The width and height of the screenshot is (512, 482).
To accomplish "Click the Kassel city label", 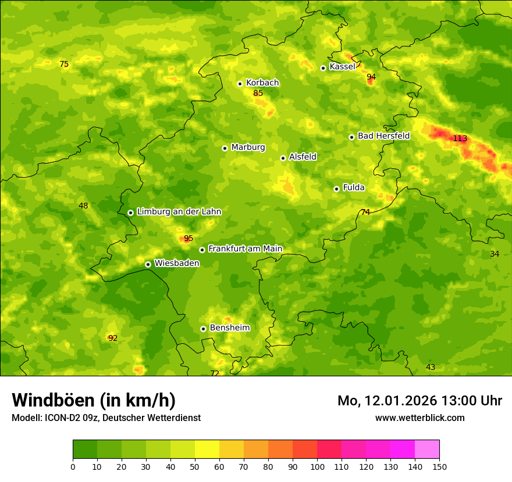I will click(x=342, y=67).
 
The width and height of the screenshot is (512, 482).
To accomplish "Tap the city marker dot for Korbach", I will click(x=240, y=84).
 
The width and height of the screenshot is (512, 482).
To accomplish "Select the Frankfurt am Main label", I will click(x=245, y=249).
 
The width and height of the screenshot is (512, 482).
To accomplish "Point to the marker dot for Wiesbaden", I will click(x=148, y=264).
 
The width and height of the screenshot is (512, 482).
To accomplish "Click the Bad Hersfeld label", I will click(x=383, y=136).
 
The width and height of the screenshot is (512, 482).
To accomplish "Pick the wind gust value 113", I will click(x=460, y=138).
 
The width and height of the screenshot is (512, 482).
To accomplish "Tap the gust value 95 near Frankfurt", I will click(x=188, y=238).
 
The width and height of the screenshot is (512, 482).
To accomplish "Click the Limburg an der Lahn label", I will click(x=179, y=212).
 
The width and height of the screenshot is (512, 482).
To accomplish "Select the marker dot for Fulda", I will click(x=336, y=189).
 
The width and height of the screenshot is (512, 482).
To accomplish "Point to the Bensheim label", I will click(x=229, y=328).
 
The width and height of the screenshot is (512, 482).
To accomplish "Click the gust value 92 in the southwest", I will click(x=113, y=338).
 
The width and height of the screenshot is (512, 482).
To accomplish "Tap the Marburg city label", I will click(x=248, y=148).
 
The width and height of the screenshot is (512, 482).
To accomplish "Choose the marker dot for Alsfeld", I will click(x=283, y=158).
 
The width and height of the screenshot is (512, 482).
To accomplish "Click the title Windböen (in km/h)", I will click(x=94, y=400).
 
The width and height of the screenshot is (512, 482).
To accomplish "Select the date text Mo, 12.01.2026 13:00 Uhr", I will click(x=419, y=401).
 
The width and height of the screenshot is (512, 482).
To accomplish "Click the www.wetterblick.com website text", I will click(x=419, y=418).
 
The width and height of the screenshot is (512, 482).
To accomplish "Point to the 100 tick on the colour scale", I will click(x=317, y=466).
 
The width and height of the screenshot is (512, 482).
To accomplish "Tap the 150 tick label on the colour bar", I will click(x=439, y=466).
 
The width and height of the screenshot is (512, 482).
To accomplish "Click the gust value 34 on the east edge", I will click(x=495, y=254).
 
